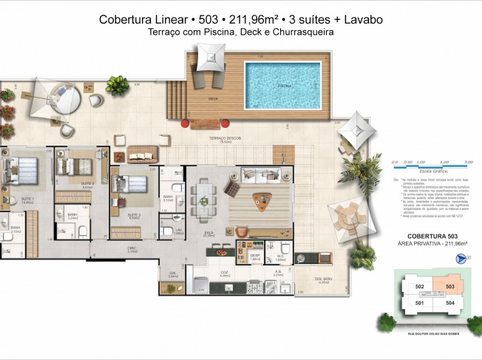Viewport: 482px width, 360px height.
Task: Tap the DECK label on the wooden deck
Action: pos(213,98)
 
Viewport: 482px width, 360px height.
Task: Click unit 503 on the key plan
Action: pos(449,287)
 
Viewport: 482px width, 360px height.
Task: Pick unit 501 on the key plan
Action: pos(419,302)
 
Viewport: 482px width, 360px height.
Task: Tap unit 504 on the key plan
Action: pos(449,303)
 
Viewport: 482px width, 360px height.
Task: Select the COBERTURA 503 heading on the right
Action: pos(428,236)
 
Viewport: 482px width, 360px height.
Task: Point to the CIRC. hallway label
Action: pos(132,248)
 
